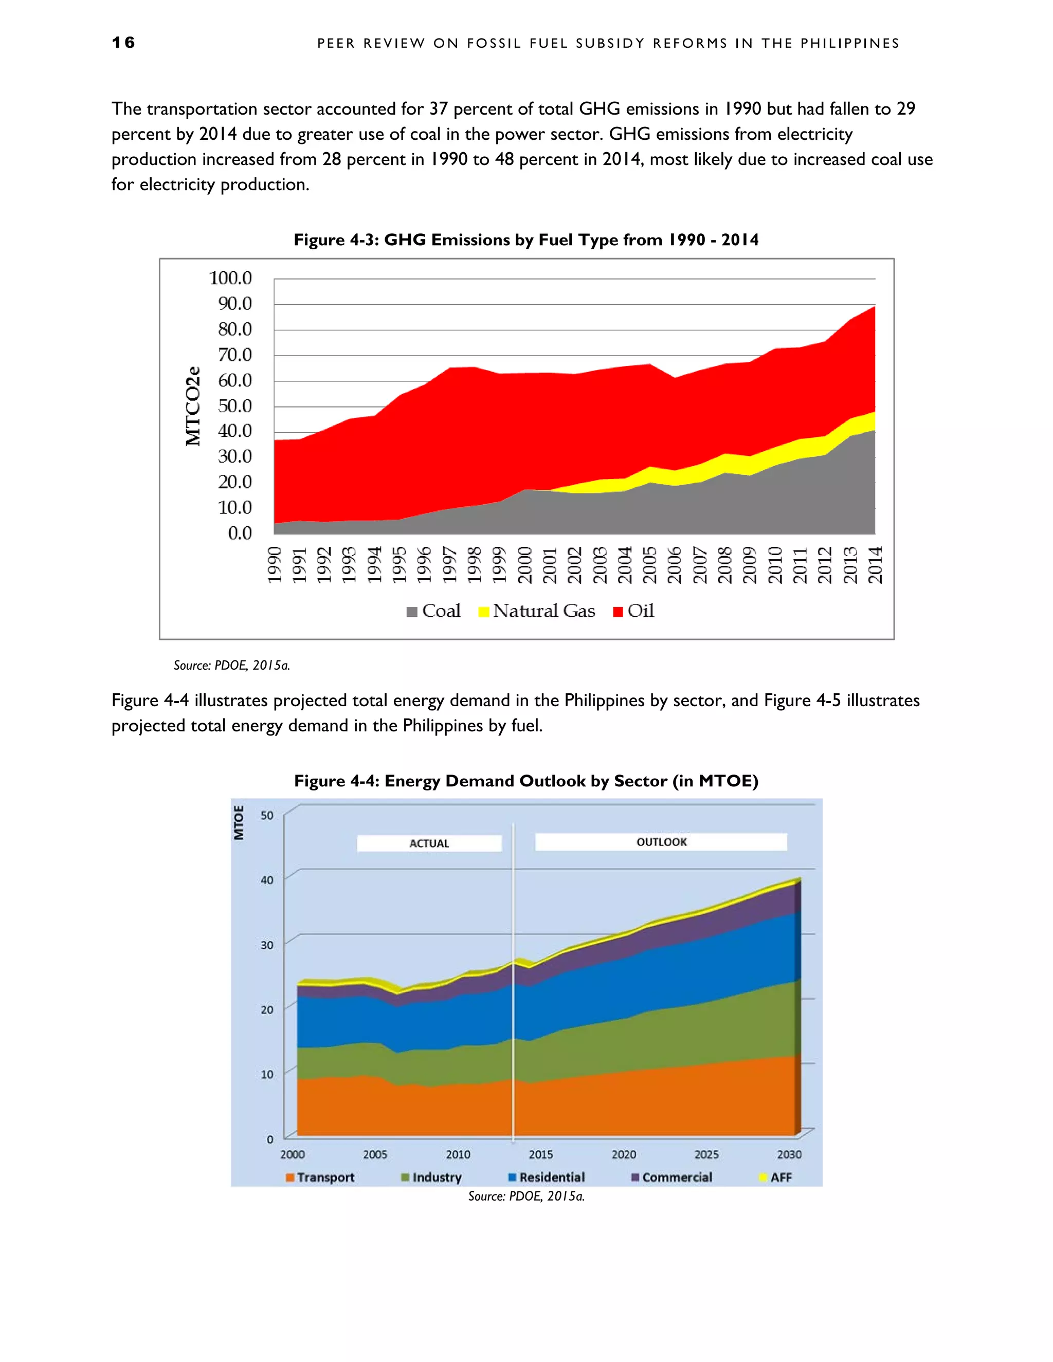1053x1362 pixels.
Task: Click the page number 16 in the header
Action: click(123, 43)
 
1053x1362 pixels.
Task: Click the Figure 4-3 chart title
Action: click(526, 240)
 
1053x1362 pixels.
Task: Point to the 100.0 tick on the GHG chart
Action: click(230, 278)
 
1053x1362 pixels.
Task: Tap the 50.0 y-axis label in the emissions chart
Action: click(234, 406)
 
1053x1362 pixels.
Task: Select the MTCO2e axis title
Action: click(193, 406)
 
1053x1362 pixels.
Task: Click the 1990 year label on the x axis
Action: click(275, 565)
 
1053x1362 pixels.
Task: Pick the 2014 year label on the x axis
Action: click(875, 565)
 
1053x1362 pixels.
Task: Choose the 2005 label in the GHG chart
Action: click(649, 565)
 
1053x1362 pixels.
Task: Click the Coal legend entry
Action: click(433, 611)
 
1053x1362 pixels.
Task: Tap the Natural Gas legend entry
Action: click(537, 611)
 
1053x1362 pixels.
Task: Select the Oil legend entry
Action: click(634, 611)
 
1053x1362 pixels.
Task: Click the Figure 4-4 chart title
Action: click(526, 781)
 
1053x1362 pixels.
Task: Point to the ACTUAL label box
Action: click(429, 843)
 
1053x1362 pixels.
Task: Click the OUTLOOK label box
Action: click(661, 842)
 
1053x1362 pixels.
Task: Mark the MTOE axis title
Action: click(238, 822)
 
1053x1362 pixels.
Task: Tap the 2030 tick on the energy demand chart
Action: click(789, 1154)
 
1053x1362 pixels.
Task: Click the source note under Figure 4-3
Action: click(231, 666)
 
